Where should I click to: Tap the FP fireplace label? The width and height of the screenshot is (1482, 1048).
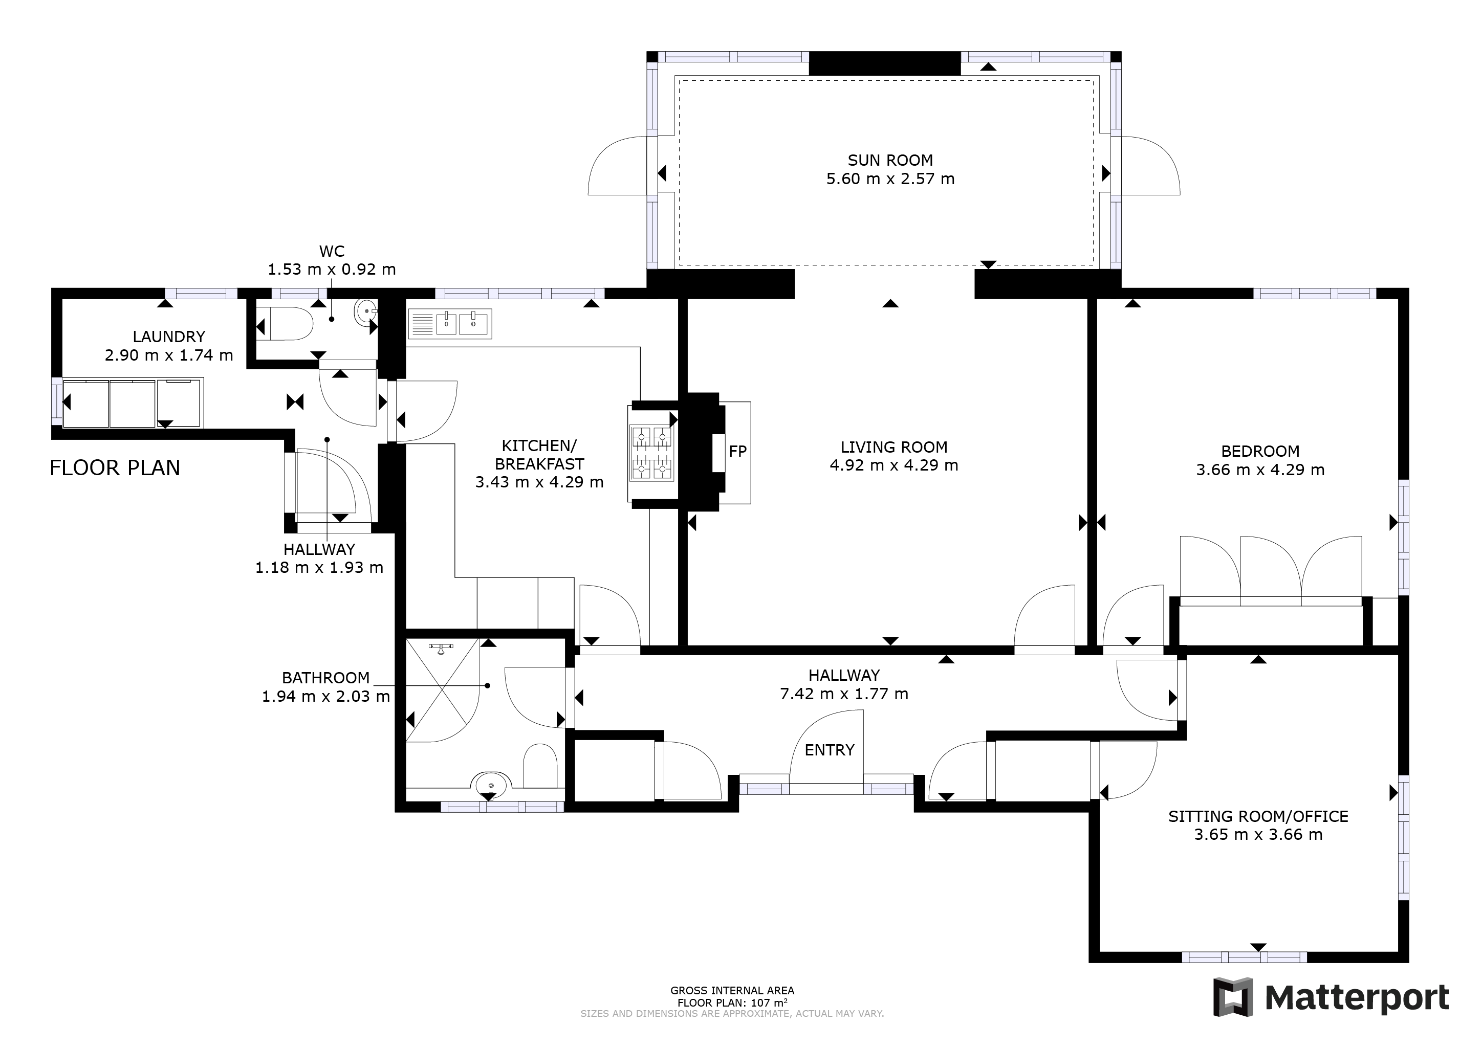click(738, 452)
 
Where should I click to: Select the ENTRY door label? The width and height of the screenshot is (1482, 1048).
click(830, 750)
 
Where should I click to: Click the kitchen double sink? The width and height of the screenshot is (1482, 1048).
click(450, 324)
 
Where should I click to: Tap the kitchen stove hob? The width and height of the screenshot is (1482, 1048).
click(652, 453)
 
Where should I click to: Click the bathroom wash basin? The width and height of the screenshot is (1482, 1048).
click(492, 785)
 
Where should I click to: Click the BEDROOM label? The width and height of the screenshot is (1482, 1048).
click(1260, 451)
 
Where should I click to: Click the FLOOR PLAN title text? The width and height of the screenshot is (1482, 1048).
click(115, 468)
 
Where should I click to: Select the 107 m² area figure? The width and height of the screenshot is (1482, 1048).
click(769, 1003)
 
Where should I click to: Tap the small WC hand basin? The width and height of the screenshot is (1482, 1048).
click(365, 313)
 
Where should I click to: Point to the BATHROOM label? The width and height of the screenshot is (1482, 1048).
click(326, 678)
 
